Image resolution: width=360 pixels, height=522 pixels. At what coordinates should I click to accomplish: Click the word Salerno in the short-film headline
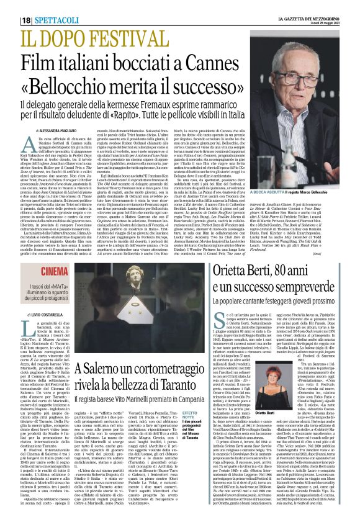tap(116, 371)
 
